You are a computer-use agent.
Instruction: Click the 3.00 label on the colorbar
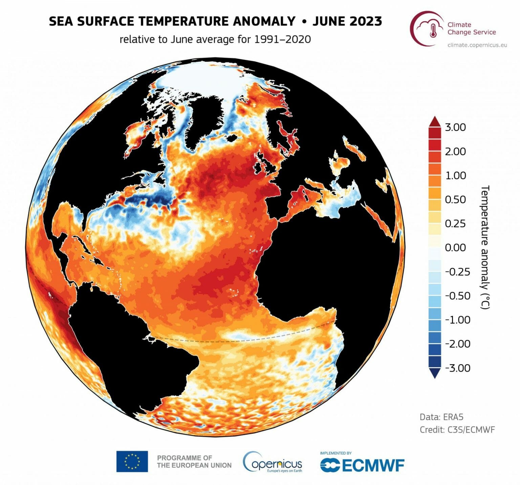455,127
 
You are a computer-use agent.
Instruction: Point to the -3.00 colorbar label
457,368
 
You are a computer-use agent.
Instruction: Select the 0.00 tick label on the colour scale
455,247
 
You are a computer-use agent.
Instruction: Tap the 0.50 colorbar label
455,199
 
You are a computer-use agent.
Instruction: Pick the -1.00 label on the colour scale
457,319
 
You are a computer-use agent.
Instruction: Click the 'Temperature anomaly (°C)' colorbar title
485,247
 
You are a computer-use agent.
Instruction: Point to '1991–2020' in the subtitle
282,39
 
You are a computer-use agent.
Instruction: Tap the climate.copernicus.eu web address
477,45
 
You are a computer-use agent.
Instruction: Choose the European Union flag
132,461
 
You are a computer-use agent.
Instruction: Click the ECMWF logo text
362,465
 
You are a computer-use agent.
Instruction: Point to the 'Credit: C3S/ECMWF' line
457,429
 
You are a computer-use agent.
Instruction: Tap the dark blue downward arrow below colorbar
435,373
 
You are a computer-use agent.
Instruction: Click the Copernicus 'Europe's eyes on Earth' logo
273,462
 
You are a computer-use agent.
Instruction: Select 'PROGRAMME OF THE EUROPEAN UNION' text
194,461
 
